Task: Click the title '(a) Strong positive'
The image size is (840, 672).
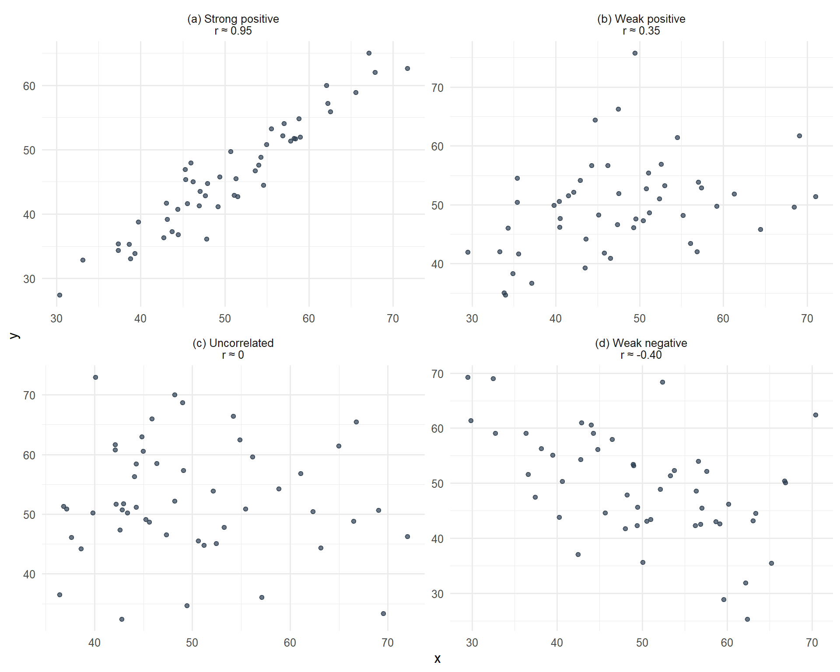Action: point(233,19)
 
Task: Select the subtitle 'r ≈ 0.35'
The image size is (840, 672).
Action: point(641,31)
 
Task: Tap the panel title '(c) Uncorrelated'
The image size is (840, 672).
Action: point(233,343)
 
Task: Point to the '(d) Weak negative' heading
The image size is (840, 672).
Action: point(641,343)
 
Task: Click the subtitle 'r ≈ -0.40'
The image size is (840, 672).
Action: point(641,355)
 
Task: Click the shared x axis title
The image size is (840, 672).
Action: point(437,658)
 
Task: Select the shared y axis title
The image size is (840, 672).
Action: point(14,336)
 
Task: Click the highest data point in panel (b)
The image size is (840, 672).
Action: point(635,53)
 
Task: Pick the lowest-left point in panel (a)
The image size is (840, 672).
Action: point(59,295)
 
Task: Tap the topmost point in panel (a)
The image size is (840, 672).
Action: point(369,53)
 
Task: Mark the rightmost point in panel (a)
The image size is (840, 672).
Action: point(407,69)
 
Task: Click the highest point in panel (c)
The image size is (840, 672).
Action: point(95,378)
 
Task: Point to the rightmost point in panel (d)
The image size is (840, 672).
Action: point(815,415)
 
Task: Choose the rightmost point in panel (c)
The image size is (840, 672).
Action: point(407,537)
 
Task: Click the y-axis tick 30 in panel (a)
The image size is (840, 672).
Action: point(29,279)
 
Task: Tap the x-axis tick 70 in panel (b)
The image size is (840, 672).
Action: point(807,318)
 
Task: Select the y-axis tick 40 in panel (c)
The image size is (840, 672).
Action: point(29,574)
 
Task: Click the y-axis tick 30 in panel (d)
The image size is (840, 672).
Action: point(437,594)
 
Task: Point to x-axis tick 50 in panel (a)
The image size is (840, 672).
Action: point(225,318)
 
